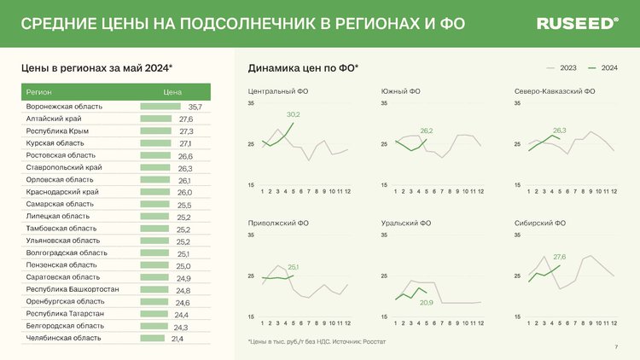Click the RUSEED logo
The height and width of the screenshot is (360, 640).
[x=578, y=24]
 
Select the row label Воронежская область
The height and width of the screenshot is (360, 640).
[x=64, y=107]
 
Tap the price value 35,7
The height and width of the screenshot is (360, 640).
[x=195, y=107]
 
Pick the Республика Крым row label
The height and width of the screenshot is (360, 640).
[x=57, y=131]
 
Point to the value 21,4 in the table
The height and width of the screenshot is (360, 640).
[x=177, y=339]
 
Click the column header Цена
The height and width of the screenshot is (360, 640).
[x=172, y=90]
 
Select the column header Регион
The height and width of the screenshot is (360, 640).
[x=38, y=90]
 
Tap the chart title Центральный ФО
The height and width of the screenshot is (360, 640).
[x=278, y=90]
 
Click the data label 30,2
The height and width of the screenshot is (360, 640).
[x=293, y=113]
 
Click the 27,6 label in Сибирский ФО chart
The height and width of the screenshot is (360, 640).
[x=560, y=256]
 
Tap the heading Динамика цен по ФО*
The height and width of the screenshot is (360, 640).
[x=303, y=67]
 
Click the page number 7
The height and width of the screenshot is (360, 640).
[x=616, y=346]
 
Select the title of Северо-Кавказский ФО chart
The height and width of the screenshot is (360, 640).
[x=555, y=90]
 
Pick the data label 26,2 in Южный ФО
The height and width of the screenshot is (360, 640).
[x=427, y=131]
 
